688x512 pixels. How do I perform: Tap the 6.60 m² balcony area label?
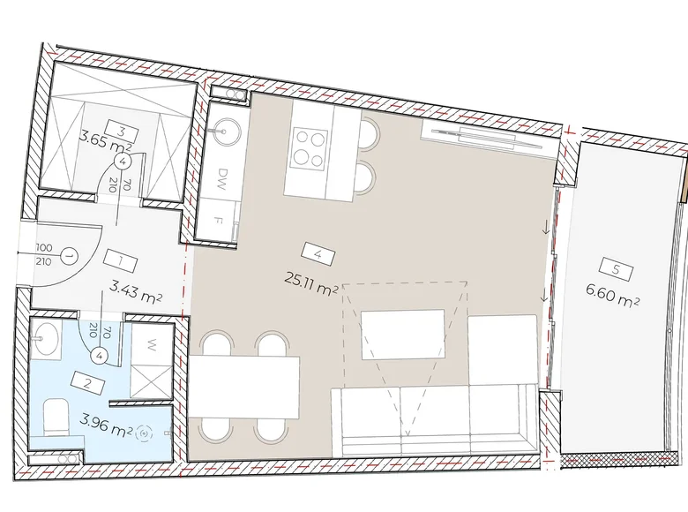pos(612,300)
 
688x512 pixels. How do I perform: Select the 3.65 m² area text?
pos(105,139)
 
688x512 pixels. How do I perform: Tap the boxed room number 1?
pos(117,262)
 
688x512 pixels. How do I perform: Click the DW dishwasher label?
pos(224,174)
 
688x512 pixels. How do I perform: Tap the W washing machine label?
pos(152,346)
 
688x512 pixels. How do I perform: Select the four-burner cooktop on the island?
pos(311,147)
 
